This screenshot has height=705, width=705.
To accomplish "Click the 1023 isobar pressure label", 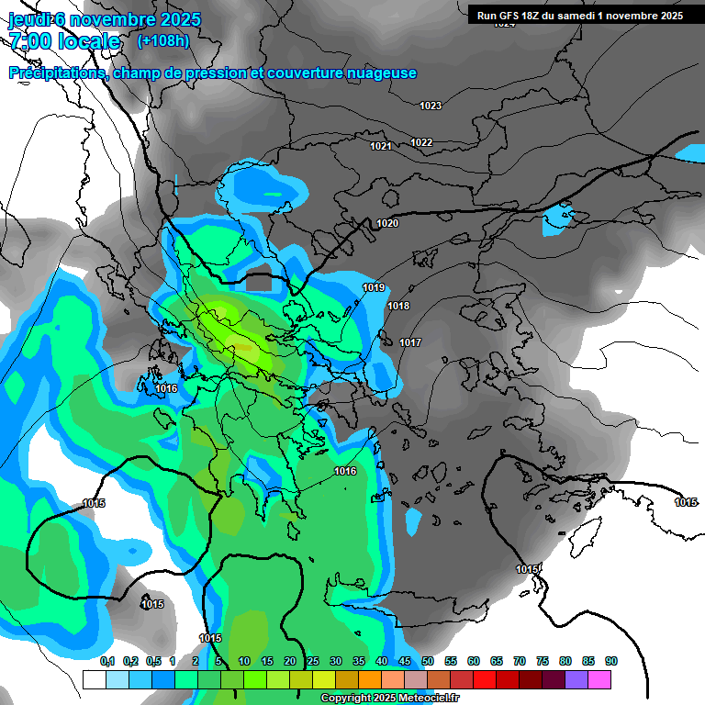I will click(x=431, y=106).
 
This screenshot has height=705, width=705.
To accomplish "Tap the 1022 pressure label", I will click(x=421, y=142).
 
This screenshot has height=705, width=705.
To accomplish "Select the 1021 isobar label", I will click(x=381, y=146).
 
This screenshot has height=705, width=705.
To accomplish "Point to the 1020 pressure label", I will click(x=387, y=223).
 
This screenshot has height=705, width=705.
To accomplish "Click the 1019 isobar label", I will click(x=374, y=287).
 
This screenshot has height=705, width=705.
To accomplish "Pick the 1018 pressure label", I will click(x=398, y=306).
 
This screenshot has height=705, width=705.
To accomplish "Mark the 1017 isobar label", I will click(x=410, y=342).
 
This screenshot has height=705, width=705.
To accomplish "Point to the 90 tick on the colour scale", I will click(x=611, y=662).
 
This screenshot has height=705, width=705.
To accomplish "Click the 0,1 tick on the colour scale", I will click(x=106, y=662).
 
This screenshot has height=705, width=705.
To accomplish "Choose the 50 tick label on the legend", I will click(x=428, y=662).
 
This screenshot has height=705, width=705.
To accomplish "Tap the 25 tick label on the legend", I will click(x=313, y=662).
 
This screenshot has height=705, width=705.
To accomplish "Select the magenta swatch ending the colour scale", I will click(x=599, y=679).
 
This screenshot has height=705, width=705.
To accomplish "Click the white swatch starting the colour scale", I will click(x=94, y=679).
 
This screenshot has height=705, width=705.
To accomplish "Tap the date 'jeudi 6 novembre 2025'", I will click(x=105, y=19).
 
